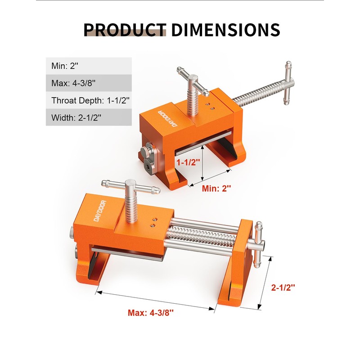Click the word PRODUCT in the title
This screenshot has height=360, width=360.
(125, 30)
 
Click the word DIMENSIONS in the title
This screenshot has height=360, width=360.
(225, 30)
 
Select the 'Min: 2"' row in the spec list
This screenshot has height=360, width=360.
(88, 66)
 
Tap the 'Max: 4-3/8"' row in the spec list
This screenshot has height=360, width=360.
(88, 83)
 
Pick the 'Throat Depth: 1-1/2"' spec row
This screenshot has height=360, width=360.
(88, 101)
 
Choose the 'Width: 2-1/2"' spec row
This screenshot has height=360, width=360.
(88, 118)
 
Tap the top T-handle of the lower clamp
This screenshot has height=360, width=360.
(130, 185)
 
